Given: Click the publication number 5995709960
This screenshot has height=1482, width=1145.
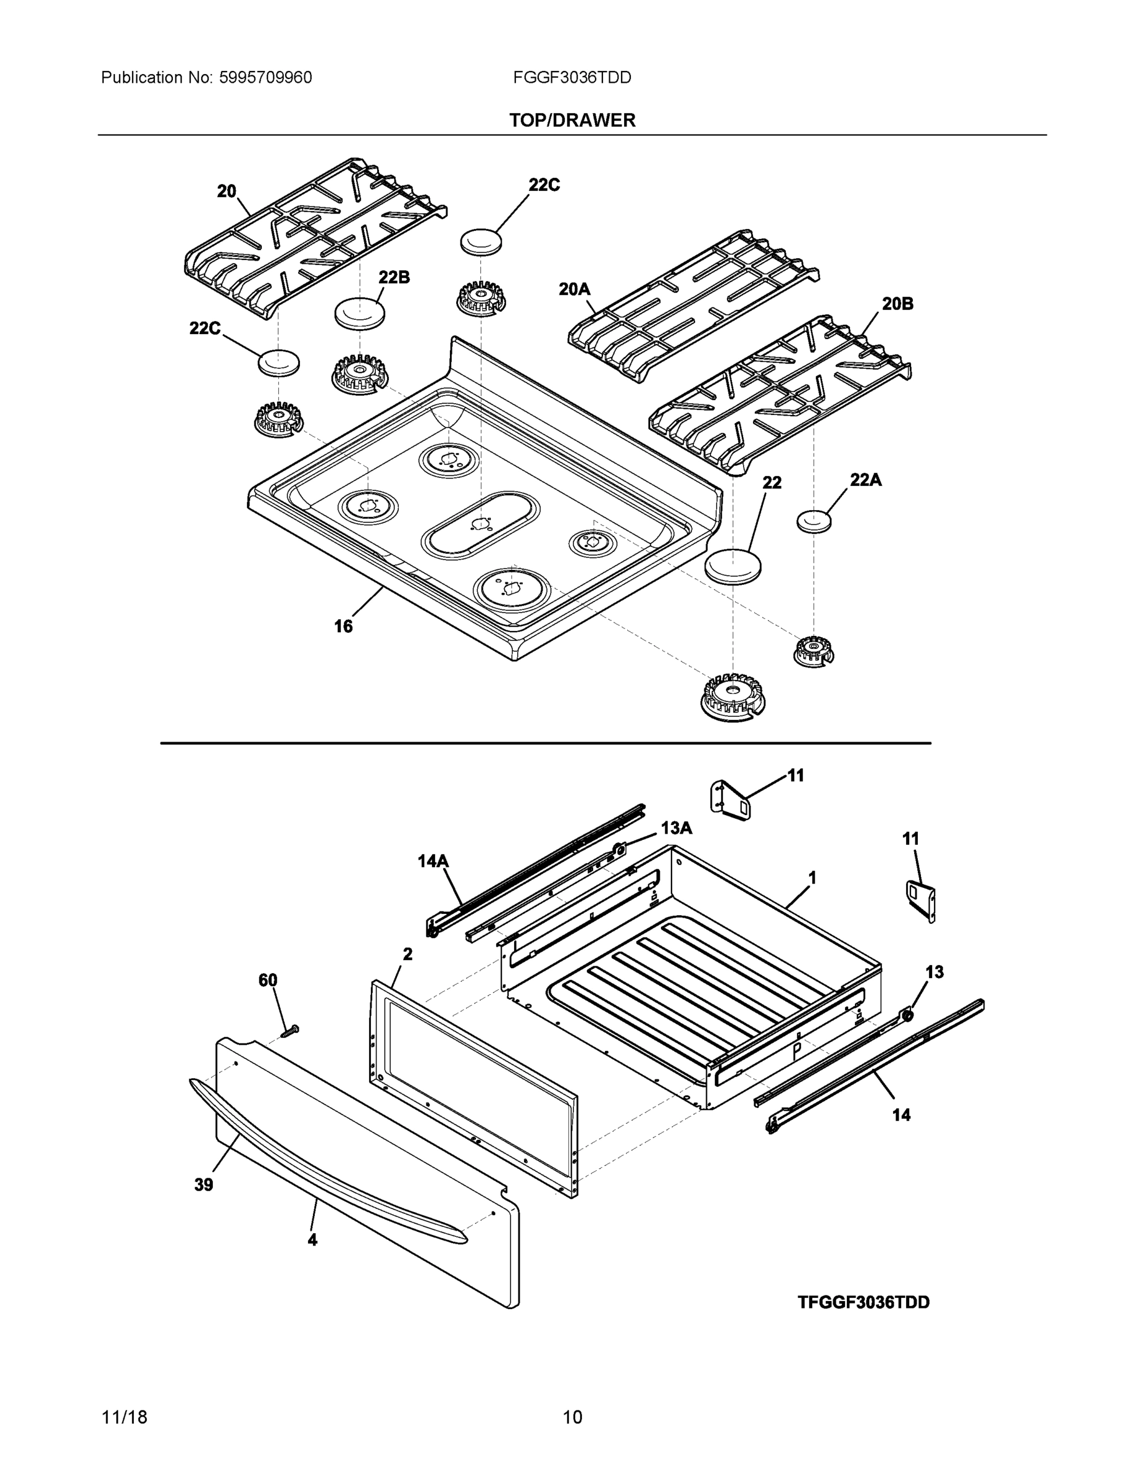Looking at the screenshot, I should click(x=265, y=78).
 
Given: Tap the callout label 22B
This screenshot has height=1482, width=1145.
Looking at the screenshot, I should click(x=393, y=277).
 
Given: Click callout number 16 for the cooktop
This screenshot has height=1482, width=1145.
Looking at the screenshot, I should click(x=343, y=626).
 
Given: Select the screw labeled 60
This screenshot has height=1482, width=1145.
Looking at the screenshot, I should click(x=289, y=1031).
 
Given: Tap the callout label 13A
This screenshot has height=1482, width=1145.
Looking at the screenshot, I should click(x=677, y=828).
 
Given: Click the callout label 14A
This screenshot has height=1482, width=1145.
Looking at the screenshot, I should click(x=433, y=861).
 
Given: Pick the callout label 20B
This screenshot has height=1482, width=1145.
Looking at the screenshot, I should click(x=897, y=303).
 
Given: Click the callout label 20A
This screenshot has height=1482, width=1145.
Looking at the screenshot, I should click(x=574, y=289).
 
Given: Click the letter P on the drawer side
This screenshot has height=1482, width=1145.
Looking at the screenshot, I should click(x=797, y=1051).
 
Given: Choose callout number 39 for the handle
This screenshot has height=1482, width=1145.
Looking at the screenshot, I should click(x=204, y=1185).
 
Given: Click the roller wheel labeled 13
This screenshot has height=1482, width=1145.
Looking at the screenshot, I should click(x=906, y=1015).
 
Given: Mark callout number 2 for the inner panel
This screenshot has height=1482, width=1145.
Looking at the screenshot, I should click(x=407, y=954).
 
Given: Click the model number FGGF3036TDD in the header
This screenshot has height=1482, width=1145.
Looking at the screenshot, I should click(x=572, y=78).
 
